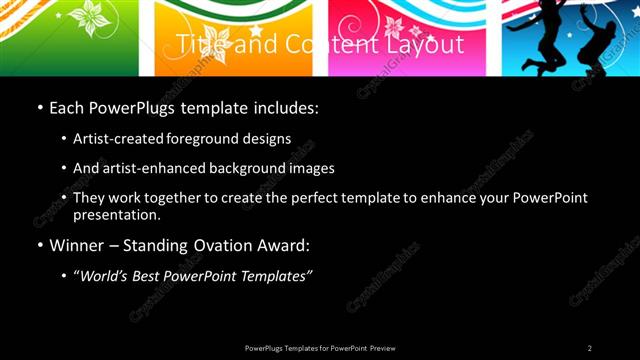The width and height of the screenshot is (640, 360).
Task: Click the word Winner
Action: point(76,245)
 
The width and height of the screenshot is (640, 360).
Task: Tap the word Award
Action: point(282,245)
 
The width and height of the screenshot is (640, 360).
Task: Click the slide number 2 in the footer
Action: point(589,348)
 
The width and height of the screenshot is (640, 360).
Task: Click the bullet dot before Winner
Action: point(39,246)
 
